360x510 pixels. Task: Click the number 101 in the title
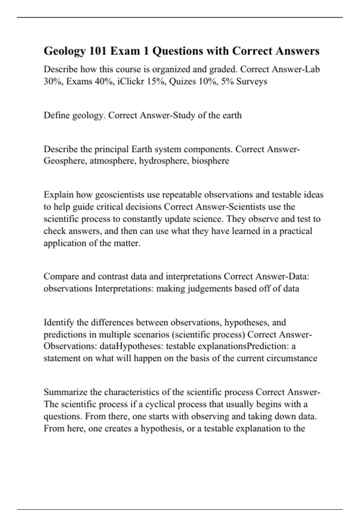97,51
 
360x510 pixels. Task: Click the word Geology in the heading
65,51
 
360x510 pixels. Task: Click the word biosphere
210,161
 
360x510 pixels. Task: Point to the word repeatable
181,195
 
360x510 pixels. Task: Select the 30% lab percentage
52,81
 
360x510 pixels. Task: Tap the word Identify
59,322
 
